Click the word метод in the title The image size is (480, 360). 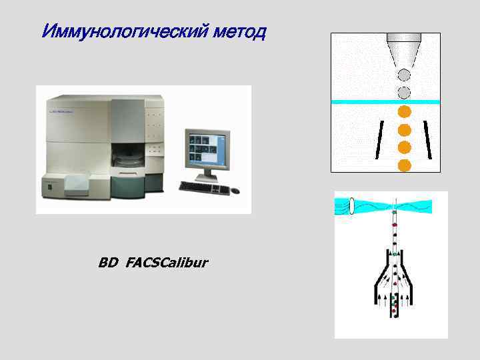click(x=237, y=31)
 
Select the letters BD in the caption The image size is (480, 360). click(x=107, y=263)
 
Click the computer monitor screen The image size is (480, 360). click(x=207, y=147)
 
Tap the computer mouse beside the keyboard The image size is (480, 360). click(x=235, y=191)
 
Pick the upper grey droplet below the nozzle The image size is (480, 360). click(x=404, y=75)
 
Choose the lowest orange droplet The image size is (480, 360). click(x=404, y=164)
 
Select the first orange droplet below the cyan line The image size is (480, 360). click(x=404, y=112)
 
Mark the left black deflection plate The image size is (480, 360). click(x=380, y=140)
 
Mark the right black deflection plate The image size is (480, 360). click(x=428, y=140)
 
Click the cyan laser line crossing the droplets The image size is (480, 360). click(x=353, y=101)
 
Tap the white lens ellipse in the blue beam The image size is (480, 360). click(x=352, y=207)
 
